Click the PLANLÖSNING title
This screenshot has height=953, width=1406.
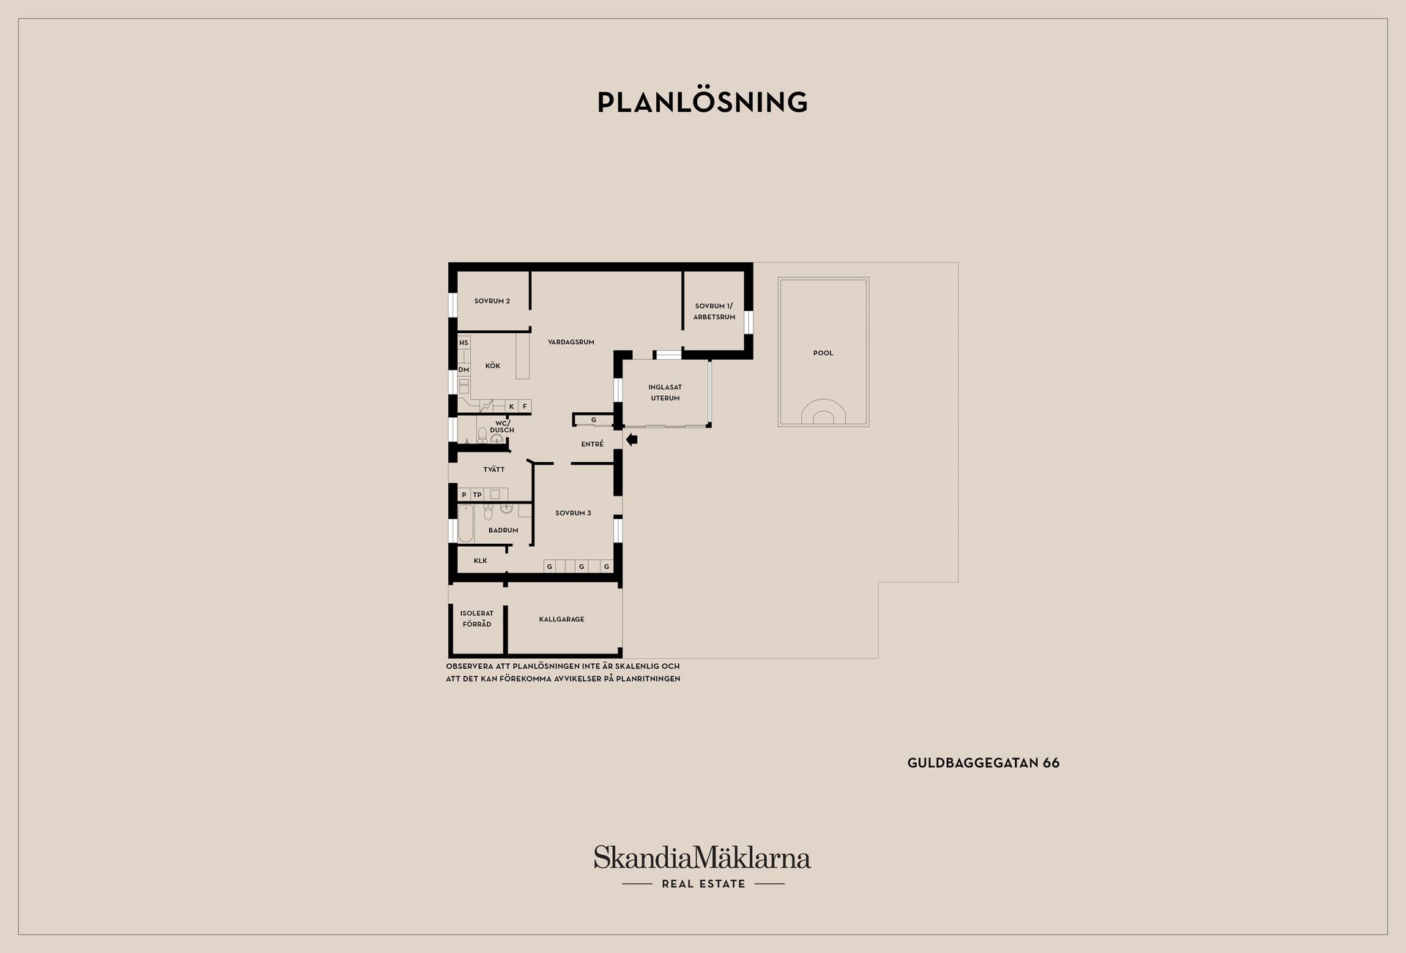click(x=702, y=102)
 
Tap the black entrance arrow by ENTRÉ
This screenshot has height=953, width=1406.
click(x=632, y=440)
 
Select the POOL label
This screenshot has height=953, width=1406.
click(x=823, y=353)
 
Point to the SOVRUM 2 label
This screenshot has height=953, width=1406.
click(x=492, y=301)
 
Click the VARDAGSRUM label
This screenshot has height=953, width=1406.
click(x=571, y=342)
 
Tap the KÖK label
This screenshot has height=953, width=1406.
click(x=493, y=366)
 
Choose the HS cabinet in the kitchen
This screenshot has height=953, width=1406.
click(x=464, y=343)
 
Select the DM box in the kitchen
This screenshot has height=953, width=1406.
click(x=464, y=370)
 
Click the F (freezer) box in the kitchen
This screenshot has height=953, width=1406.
click(x=524, y=406)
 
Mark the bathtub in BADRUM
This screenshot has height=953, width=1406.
click(x=466, y=523)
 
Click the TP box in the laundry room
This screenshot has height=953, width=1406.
click(x=477, y=495)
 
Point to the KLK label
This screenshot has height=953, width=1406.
click(x=480, y=561)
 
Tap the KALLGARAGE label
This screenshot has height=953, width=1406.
click(x=562, y=619)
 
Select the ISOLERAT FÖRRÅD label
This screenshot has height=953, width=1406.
click(x=477, y=618)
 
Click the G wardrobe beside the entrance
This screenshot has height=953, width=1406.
click(x=594, y=419)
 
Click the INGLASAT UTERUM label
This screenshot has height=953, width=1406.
click(x=665, y=392)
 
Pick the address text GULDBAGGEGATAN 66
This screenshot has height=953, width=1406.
click(x=983, y=763)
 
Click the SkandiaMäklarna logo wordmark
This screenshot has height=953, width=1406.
click(x=702, y=857)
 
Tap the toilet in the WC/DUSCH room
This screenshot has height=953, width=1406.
click(x=482, y=436)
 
